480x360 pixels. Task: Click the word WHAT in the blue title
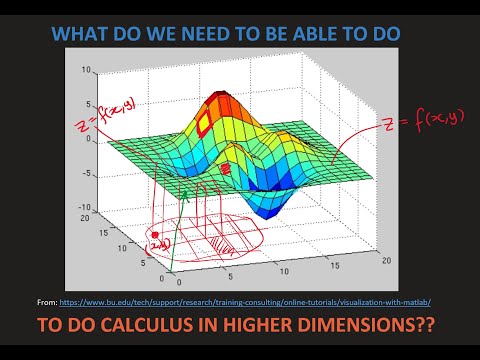click(81, 34)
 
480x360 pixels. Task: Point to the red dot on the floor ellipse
click(155, 236)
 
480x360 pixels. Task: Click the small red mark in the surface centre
click(226, 170)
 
